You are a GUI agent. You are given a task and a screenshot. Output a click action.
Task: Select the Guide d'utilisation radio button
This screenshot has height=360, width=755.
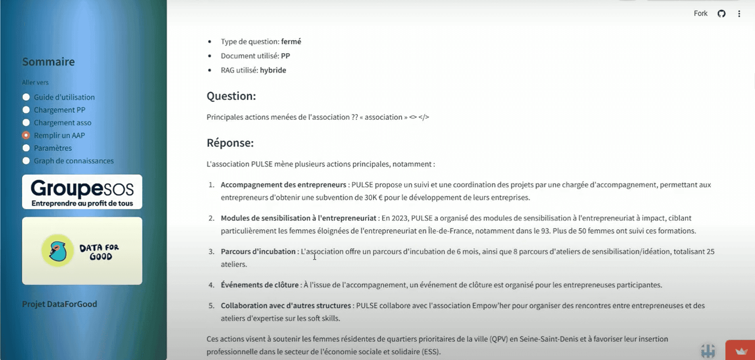(x=26, y=97)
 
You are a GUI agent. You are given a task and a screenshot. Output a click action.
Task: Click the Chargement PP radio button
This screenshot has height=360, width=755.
(x=26, y=110)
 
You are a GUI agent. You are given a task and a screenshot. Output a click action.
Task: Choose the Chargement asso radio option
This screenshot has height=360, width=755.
(x=26, y=123)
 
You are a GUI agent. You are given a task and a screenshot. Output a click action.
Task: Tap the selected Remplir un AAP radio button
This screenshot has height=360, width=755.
(x=26, y=135)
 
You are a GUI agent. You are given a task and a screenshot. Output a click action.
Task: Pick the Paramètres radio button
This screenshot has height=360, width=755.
(x=26, y=148)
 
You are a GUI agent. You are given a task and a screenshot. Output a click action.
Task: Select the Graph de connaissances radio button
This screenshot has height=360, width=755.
(x=26, y=161)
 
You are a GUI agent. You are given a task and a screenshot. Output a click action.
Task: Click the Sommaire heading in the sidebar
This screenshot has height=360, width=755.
(x=48, y=62)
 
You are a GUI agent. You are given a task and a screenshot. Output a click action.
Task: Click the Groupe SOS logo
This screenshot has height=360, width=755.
(x=82, y=192)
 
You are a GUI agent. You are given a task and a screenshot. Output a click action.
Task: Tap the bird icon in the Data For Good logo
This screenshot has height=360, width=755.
(x=58, y=250)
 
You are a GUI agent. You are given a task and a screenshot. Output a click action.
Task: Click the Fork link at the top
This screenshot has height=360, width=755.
(x=700, y=13)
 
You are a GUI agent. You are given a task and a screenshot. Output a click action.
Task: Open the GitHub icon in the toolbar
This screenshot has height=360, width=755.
(x=721, y=13)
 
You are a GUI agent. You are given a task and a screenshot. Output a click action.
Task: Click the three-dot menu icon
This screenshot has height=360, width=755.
(x=739, y=14)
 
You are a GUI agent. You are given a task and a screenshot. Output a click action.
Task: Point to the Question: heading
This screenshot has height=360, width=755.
(x=231, y=96)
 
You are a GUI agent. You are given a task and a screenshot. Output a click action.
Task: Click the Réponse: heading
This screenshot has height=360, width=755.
(x=230, y=143)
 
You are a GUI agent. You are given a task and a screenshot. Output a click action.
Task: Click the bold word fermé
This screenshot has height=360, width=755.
(x=291, y=42)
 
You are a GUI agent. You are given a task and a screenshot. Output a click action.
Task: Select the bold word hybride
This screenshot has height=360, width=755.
(x=273, y=70)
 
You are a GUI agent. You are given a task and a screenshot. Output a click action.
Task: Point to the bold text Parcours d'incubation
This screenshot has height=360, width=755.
(x=258, y=252)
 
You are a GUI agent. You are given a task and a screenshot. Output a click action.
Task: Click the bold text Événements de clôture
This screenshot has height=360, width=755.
(x=259, y=285)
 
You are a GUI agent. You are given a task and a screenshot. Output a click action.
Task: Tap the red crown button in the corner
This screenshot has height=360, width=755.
(x=740, y=351)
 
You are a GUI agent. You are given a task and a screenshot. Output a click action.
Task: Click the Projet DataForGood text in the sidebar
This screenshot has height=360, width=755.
(x=60, y=304)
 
